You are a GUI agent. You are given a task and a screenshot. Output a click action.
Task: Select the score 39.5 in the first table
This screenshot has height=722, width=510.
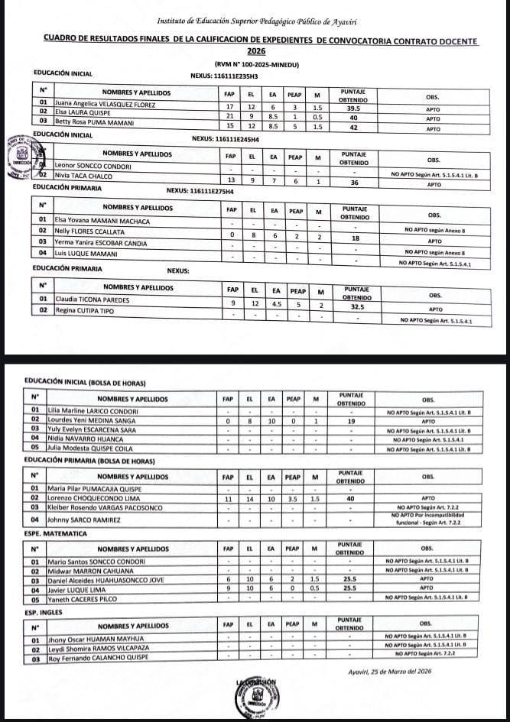click(x=353, y=108)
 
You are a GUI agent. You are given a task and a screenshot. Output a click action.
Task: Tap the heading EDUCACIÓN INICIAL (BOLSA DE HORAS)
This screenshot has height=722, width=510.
click(x=85, y=382)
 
